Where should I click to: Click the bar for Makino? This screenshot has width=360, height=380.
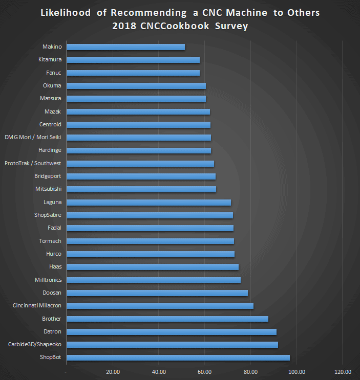click(126, 47)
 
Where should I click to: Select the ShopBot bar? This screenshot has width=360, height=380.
click(178, 357)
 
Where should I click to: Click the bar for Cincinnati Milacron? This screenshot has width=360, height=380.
click(160, 306)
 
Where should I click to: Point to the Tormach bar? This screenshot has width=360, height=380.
click(151, 241)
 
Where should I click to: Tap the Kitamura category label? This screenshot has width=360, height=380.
click(50, 60)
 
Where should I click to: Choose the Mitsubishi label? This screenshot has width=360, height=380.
click(48, 189)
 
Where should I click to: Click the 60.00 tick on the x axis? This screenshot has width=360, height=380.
click(205, 371)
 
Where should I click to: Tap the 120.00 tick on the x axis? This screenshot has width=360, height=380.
click(343, 371)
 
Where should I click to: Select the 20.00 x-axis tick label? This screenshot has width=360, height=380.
click(113, 371)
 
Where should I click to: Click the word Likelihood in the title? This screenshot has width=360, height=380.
click(66, 13)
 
